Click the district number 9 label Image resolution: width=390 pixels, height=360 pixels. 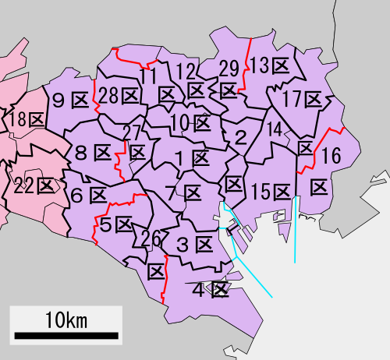coord(58,100)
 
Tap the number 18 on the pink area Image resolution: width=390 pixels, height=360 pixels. coord(16,120)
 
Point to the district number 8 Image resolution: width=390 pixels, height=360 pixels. coord(80,153)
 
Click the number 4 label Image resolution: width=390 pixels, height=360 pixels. coord(198,291)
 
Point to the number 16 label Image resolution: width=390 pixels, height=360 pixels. coord(331,157)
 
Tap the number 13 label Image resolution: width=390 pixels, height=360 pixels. coord(260,64)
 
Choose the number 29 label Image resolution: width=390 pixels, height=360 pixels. coord(229,68)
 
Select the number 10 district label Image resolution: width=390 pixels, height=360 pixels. coord(180,122)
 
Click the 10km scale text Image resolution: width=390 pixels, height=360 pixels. coord(66,319)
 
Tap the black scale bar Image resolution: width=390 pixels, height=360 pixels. coord(66,337)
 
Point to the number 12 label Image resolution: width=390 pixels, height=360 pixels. coord(186,72)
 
